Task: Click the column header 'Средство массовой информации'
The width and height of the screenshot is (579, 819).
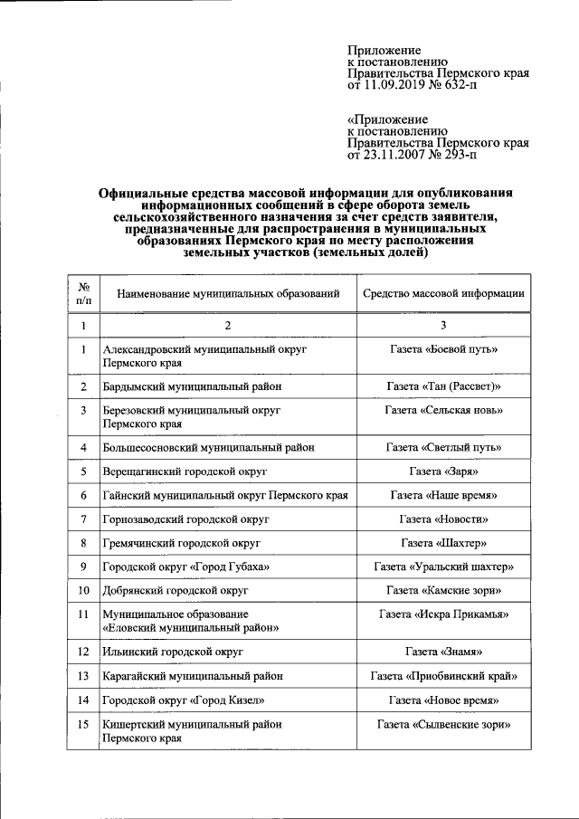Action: tap(443, 294)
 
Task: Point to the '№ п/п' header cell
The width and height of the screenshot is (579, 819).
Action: tap(82, 294)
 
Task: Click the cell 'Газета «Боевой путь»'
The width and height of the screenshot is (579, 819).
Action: tap(443, 349)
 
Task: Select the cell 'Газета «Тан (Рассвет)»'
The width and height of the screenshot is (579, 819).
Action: tap(443, 386)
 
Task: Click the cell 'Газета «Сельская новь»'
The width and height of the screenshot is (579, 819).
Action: tap(443, 411)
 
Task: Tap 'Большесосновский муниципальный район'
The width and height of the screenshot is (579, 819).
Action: tap(209, 448)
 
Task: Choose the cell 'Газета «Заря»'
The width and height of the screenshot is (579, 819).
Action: tap(443, 472)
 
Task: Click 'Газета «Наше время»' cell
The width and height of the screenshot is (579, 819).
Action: tap(443, 497)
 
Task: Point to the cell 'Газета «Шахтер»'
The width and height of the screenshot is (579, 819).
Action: tap(443, 544)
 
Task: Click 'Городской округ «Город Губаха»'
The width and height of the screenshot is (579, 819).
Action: tap(186, 567)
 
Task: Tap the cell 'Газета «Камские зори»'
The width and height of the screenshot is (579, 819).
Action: tap(443, 591)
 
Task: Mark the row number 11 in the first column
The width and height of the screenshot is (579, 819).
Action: tap(82, 614)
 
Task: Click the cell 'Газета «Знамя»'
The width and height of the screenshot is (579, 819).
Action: tap(443, 652)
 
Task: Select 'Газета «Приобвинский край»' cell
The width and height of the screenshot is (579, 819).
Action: tap(443, 676)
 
